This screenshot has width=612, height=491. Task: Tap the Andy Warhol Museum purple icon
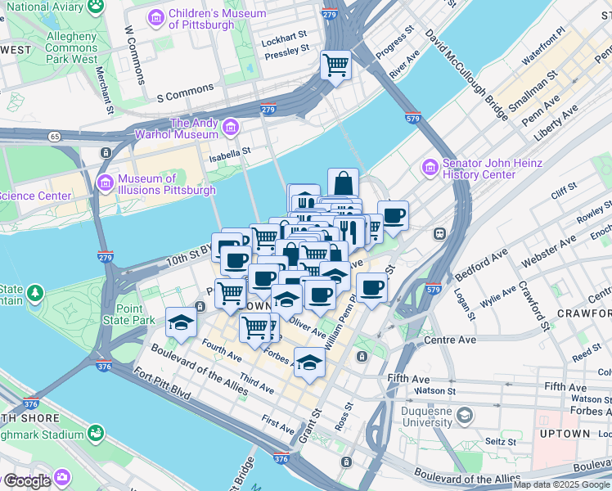pos(231,128)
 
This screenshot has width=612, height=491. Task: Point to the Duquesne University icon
pos(465,416)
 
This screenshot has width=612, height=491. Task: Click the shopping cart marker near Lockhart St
pos(335,64)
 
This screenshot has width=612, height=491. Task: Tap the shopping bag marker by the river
pos(344,182)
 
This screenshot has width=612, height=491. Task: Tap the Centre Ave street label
pos(449,340)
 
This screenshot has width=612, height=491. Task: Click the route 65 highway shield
pos(53,136)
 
